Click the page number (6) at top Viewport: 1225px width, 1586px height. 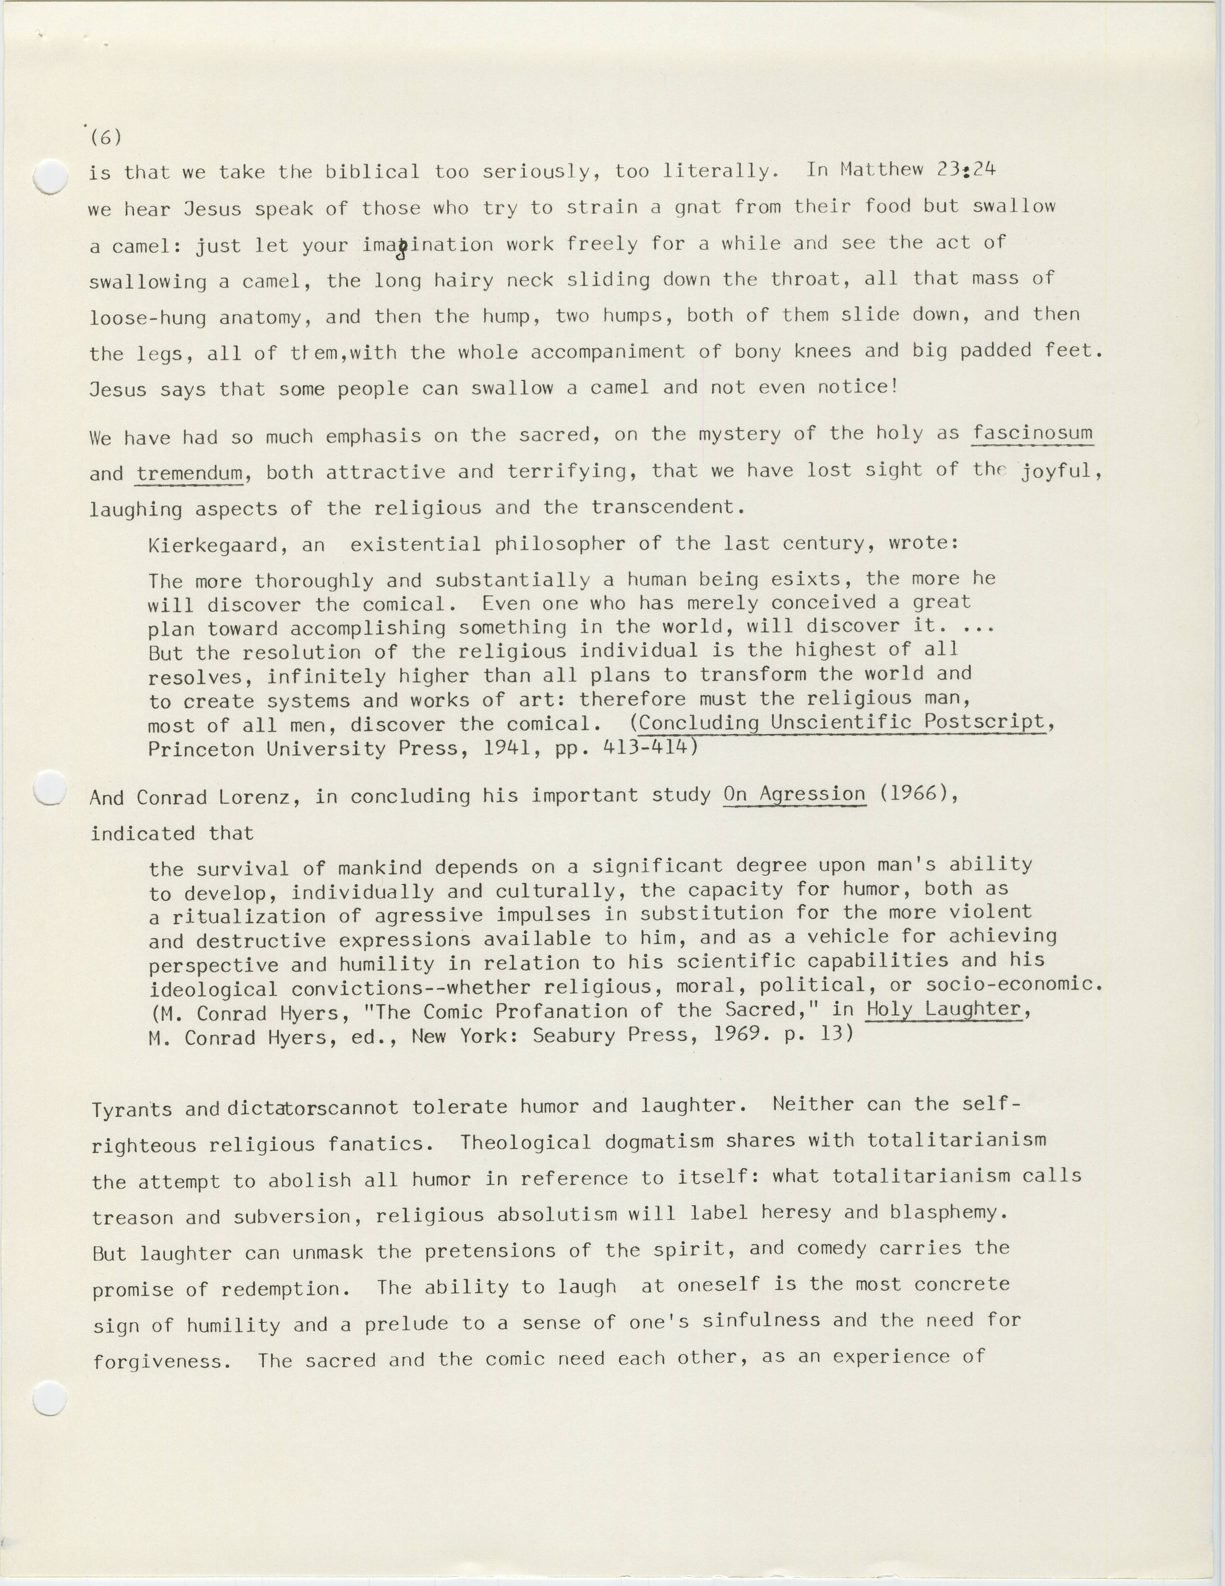click(106, 136)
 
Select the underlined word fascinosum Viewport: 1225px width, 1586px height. click(1032, 433)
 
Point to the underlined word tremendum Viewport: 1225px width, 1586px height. click(190, 473)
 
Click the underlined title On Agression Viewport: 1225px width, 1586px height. click(794, 794)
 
